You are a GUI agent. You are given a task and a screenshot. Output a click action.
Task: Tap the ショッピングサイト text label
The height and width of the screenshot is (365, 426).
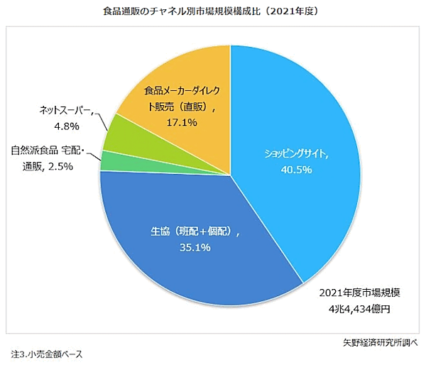click(297, 153)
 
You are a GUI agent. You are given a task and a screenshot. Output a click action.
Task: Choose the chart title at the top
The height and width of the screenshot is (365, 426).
click(212, 12)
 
